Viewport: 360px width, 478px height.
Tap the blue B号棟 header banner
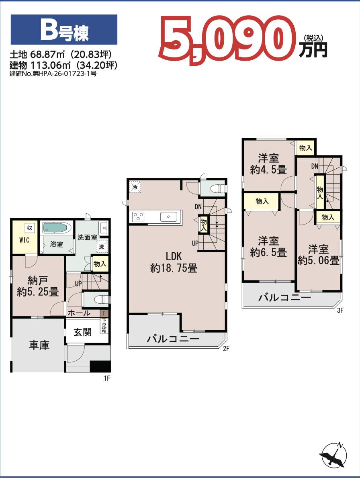point(64,30)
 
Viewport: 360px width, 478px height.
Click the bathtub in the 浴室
point(57,227)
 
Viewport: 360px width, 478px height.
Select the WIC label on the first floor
point(25,240)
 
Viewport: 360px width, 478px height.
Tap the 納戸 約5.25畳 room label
point(38,286)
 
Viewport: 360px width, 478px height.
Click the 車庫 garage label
point(39,345)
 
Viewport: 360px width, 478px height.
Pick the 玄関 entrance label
point(82,332)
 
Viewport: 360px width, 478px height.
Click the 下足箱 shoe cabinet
point(104,325)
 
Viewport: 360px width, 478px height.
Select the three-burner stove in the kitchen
point(138,217)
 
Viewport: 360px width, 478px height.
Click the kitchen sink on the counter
point(169,217)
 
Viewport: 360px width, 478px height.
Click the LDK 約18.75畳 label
point(174,262)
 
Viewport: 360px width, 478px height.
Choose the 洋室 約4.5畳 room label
point(268,164)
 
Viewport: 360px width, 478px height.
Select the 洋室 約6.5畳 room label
point(268,247)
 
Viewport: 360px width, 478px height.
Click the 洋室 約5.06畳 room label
point(318,255)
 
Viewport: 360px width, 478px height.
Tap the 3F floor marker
point(340,310)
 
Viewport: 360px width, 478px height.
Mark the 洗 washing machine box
point(102,247)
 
